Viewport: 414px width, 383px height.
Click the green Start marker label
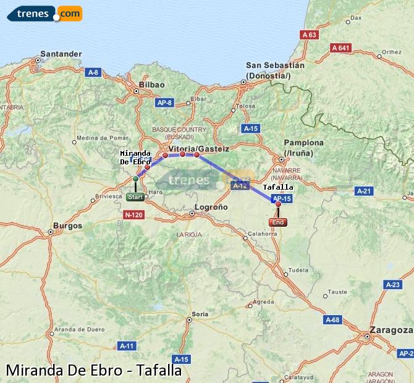pos(135,197)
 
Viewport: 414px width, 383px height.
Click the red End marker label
pos(278,222)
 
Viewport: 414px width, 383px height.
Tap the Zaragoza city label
pos(390,330)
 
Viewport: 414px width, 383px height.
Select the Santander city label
pos(60,54)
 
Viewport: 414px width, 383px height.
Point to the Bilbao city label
pos(152,85)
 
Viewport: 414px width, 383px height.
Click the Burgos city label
pos(68,226)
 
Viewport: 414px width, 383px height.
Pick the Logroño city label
pos(211,207)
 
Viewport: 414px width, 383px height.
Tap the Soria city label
pos(200,314)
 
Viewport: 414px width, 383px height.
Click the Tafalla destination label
pos(278,187)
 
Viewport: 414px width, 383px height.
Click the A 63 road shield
pos(309,35)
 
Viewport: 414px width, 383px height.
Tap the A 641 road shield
pos(340,48)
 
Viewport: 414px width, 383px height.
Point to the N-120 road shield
pos(133,214)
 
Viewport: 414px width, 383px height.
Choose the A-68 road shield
pos(332,319)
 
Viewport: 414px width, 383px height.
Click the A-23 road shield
pos(393,285)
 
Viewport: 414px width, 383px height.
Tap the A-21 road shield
pos(364,192)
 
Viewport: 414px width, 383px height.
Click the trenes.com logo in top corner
pos(44,13)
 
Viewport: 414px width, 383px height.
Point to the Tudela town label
pos(298,270)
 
